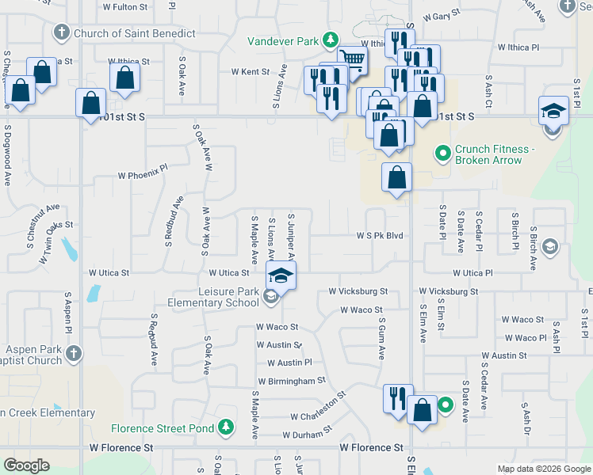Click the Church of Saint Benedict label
134,33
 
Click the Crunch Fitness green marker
443,150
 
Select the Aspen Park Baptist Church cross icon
72,353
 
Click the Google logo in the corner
26,465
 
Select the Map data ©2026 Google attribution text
543,469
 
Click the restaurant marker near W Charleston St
396,399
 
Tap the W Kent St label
251,71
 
